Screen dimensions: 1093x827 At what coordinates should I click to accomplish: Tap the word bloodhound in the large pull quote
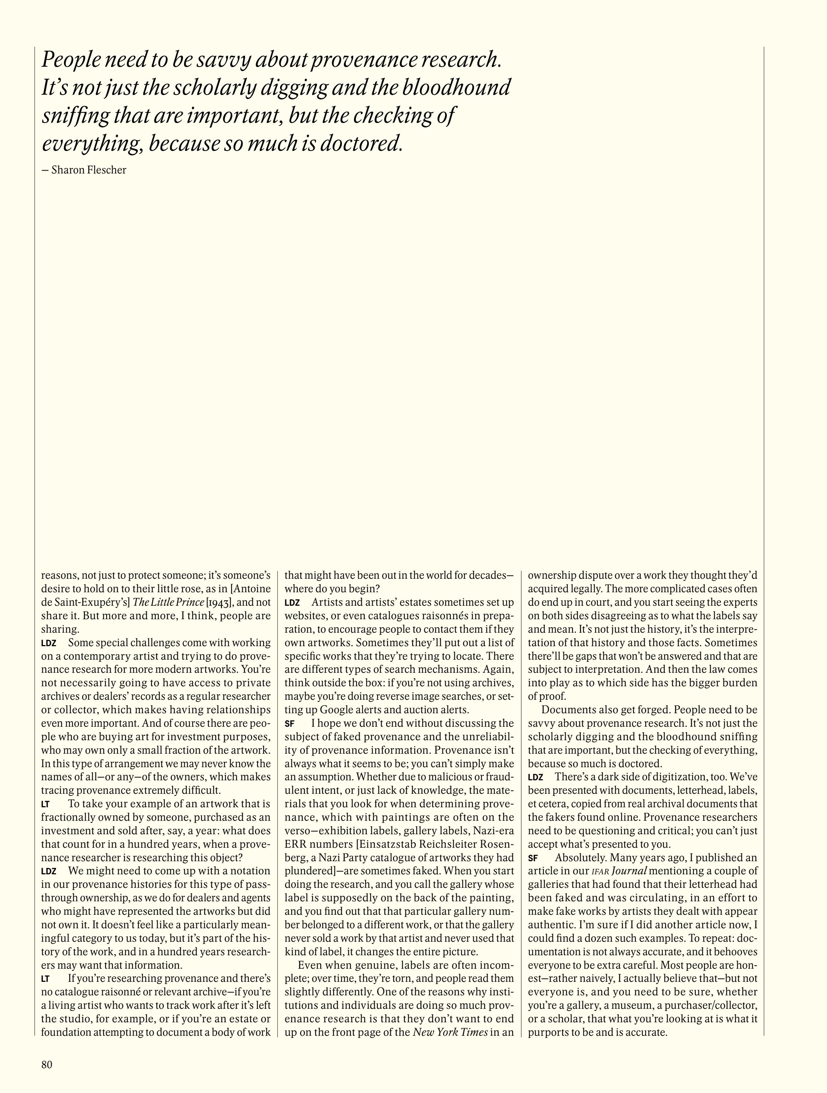pos(455,88)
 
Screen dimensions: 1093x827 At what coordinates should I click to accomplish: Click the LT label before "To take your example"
pos(46,804)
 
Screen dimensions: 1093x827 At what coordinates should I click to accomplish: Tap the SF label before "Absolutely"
pos(533,858)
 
